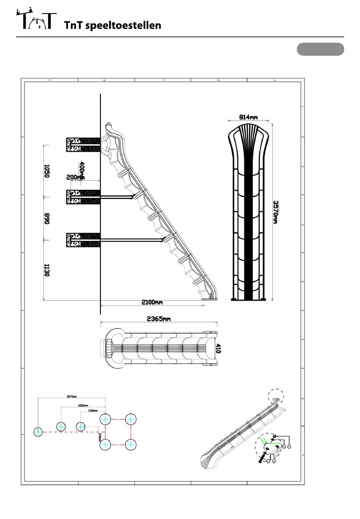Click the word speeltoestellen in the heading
pos(124,25)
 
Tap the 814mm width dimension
pos(248,117)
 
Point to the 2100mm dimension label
pos(152,303)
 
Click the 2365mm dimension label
pos(158,319)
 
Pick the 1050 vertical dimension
pos(47,171)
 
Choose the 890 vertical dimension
pos(47,218)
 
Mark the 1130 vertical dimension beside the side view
pos(47,270)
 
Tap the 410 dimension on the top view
pos(218,348)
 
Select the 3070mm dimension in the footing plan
pos(72,397)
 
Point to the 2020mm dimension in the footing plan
pos(83,405)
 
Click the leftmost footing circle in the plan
pos(38,432)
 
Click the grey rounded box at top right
pos(320,49)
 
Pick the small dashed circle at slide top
pos(276,397)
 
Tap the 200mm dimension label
pos(75,177)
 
